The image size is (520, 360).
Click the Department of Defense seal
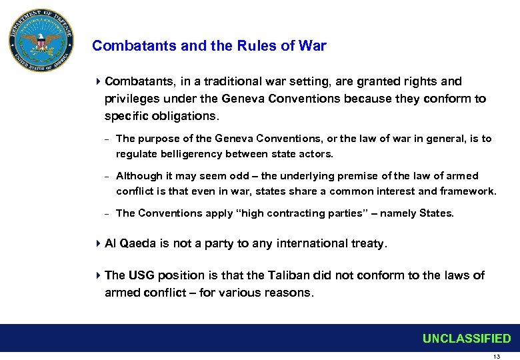[x=41, y=41]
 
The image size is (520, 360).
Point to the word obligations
[x=181, y=116]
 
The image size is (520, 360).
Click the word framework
[x=465, y=191]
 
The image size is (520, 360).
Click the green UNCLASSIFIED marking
[x=466, y=339]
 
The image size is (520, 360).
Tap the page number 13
[x=496, y=357]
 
